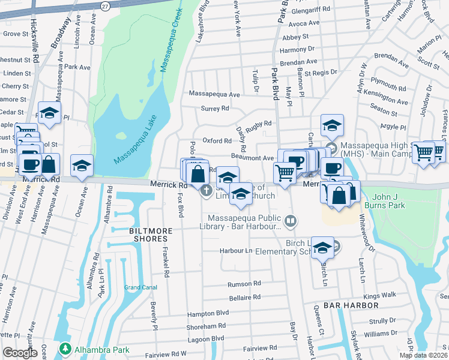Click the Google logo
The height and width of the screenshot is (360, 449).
pos(20,352)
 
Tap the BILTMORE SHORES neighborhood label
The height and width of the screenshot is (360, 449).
pos(151,231)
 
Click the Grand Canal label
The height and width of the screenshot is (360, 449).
pos(140,287)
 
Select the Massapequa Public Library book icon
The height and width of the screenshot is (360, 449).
pos(291,222)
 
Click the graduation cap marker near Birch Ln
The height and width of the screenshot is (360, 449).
pos(323,247)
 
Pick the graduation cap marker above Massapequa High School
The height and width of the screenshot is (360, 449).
pos(331,125)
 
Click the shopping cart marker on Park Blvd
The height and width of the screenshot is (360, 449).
pos(285,173)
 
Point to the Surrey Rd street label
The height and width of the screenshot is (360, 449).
pos(217,109)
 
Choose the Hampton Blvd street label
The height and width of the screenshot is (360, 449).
pos(208,313)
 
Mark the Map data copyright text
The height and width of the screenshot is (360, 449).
pos(423,355)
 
